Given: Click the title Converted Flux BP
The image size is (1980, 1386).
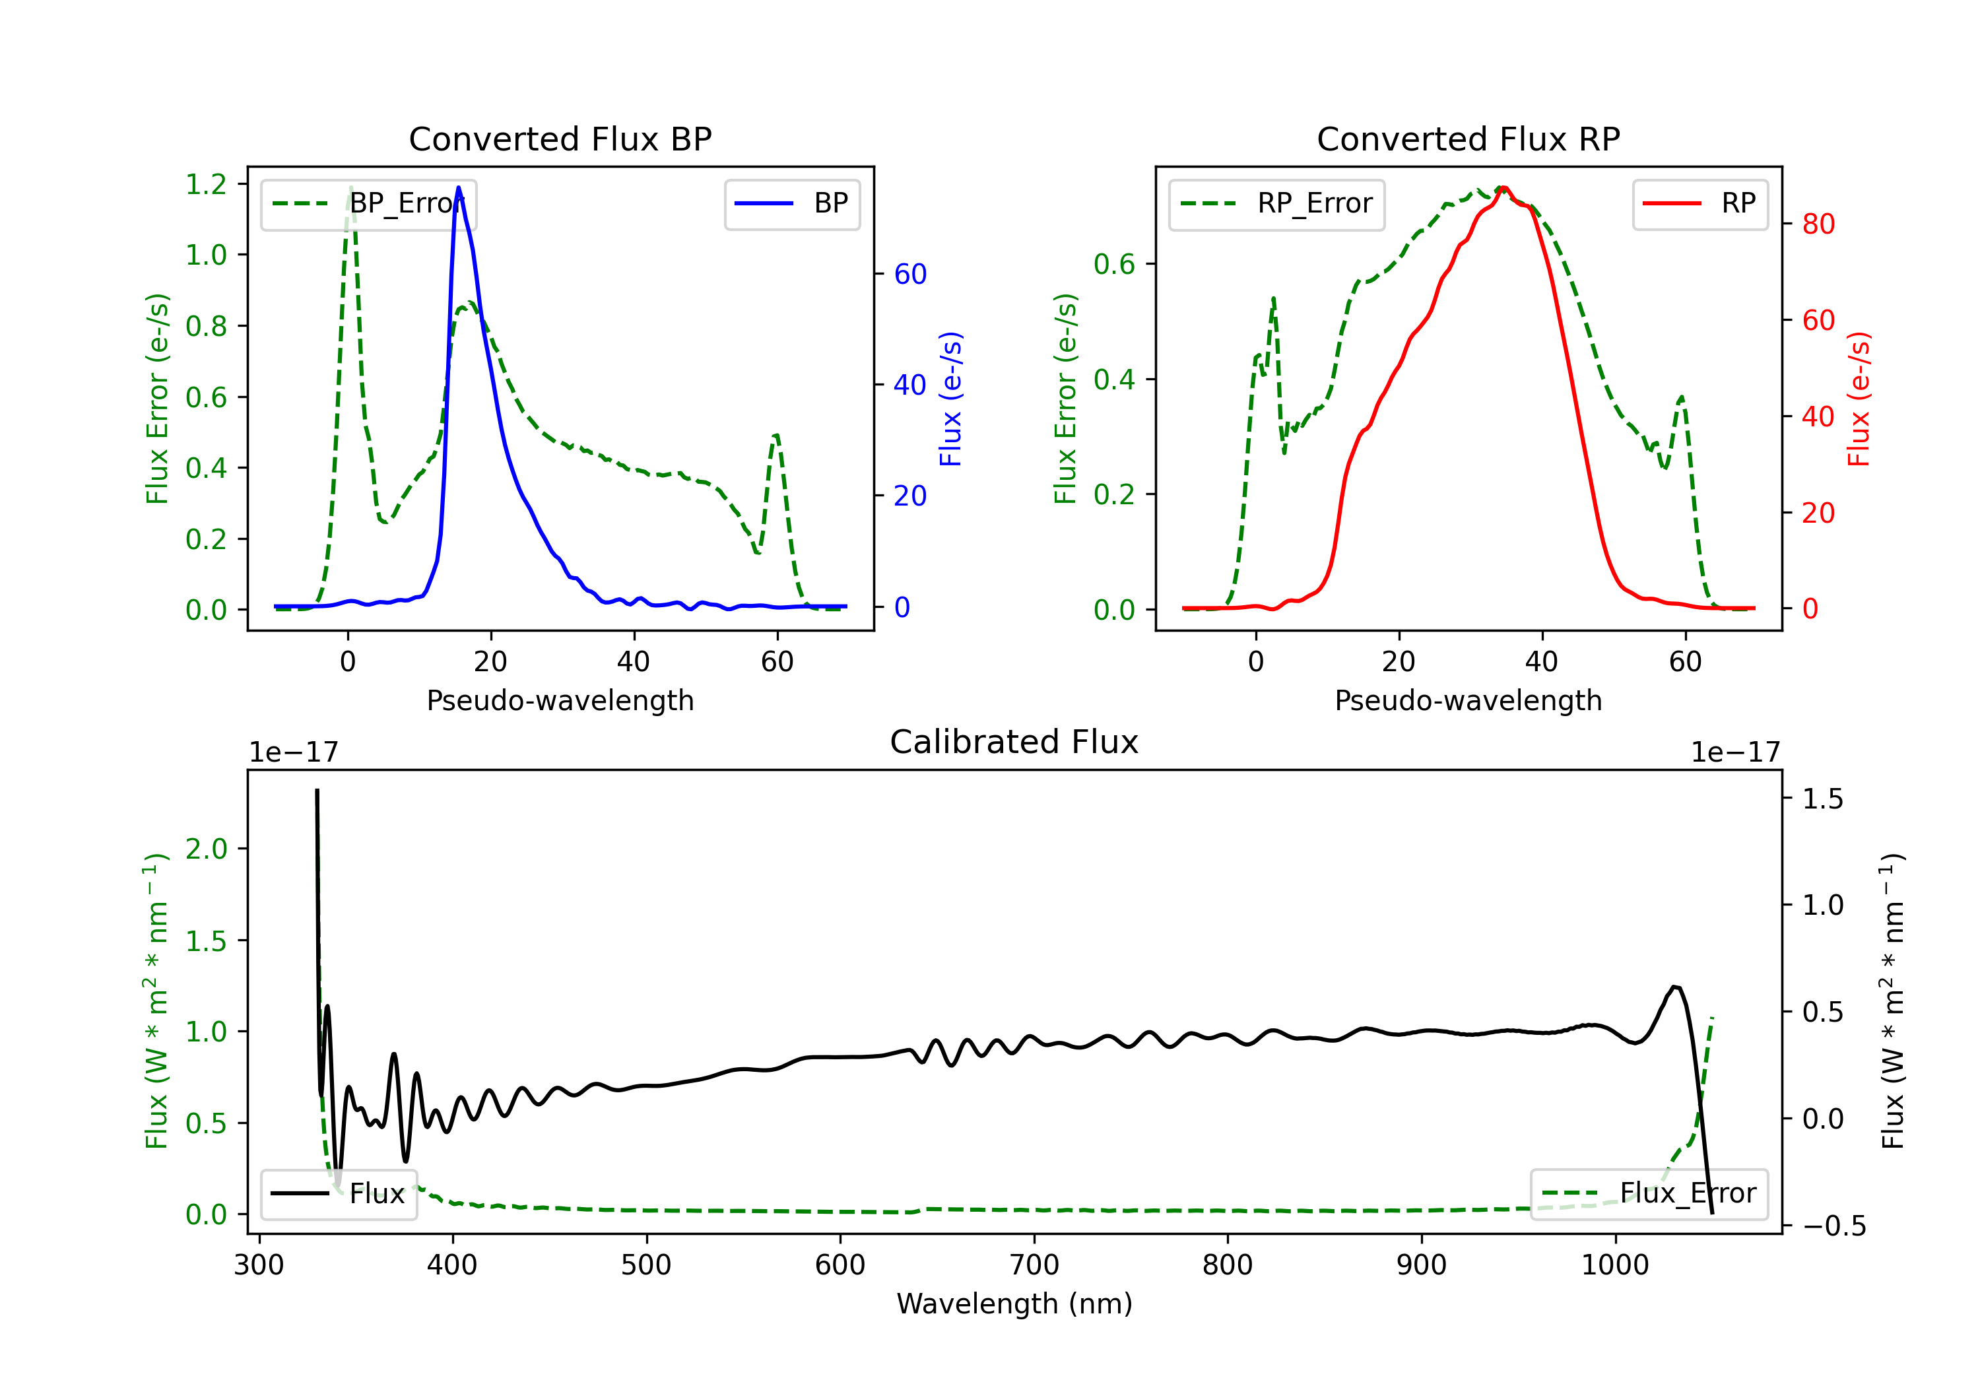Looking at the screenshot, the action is [560, 139].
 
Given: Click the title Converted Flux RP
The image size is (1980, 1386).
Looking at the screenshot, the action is [1468, 139].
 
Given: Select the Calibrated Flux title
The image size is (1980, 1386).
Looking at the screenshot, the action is [1014, 742].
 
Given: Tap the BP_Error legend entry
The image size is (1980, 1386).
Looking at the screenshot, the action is [368, 203].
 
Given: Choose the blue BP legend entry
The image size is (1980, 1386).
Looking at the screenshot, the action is [791, 203].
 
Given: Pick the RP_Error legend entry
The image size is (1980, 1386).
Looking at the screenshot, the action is [1276, 203].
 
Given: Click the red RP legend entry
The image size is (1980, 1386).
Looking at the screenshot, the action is [1699, 203].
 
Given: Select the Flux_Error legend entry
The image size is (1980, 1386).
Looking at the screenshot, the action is [1649, 1194].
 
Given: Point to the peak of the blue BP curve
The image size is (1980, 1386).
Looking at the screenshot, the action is [458, 187].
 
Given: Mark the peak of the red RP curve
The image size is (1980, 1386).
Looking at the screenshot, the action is [1502, 188].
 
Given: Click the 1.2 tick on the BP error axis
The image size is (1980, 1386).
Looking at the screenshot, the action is [206, 183].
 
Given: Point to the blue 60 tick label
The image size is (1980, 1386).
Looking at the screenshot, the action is [909, 275].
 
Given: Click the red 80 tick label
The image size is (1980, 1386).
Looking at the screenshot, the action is [1818, 224].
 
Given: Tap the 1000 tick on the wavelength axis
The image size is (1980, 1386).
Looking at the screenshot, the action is [1614, 1265].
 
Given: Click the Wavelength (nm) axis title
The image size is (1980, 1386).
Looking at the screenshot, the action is [1014, 1304].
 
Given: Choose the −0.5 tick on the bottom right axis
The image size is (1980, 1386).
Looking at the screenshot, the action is [1834, 1226].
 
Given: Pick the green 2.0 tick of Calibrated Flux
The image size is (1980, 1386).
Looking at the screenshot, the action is [206, 849].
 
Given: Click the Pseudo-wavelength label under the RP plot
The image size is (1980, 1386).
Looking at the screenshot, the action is [1468, 700].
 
